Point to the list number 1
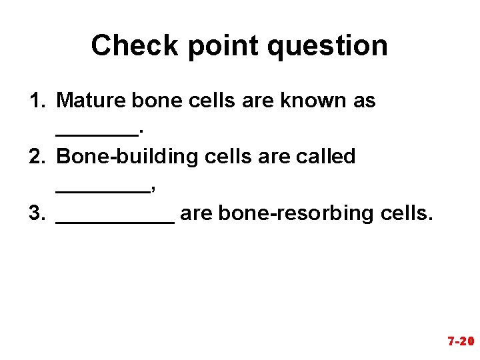point(36,101)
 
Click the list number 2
point(36,157)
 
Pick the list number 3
point(36,213)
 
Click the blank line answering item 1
point(97,133)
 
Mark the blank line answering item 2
point(103,189)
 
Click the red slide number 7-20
point(461,342)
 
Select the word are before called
point(267,157)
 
